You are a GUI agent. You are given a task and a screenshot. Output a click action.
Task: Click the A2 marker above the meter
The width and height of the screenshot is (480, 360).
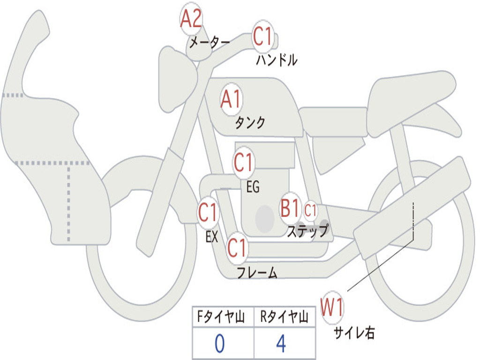(x=191, y=19)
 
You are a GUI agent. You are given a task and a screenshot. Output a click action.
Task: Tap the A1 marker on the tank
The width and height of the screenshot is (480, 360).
(x=232, y=99)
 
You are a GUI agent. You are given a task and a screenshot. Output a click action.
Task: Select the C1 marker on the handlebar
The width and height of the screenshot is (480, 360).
(x=262, y=36)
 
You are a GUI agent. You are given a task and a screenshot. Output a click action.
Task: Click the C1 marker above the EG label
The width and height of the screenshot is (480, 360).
(x=244, y=162)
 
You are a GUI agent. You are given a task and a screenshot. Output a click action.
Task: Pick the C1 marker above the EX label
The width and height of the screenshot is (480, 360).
(x=208, y=212)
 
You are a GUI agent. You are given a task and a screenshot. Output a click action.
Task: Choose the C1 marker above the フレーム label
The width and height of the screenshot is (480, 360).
(x=237, y=248)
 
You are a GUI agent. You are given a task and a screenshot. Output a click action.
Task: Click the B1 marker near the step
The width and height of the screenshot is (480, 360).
(x=290, y=208)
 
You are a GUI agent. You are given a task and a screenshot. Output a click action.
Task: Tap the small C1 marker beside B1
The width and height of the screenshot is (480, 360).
(x=310, y=210)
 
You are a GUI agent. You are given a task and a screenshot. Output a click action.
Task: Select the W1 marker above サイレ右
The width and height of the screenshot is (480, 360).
(x=332, y=307)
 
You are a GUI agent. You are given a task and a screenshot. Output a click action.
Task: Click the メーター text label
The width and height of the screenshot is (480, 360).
(x=210, y=42)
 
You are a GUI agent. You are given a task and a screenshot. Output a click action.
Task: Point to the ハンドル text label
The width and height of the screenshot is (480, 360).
(x=277, y=60)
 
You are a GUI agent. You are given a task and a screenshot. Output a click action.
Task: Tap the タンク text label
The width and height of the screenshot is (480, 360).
(x=250, y=123)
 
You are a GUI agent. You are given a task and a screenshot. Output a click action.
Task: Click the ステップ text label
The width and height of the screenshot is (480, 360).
(x=307, y=231)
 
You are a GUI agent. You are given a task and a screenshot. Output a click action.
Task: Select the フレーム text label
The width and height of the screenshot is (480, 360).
(x=257, y=272)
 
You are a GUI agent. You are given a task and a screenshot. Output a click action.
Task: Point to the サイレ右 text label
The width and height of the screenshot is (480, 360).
(x=354, y=332)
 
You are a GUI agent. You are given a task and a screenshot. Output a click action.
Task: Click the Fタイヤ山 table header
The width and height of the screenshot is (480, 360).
(x=221, y=316)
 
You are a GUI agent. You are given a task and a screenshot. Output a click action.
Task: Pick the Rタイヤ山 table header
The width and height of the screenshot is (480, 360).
(x=284, y=316)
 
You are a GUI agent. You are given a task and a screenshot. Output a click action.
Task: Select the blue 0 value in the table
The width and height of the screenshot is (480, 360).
(x=220, y=344)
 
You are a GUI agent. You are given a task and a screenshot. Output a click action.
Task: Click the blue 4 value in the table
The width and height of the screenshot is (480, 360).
(x=281, y=344)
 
